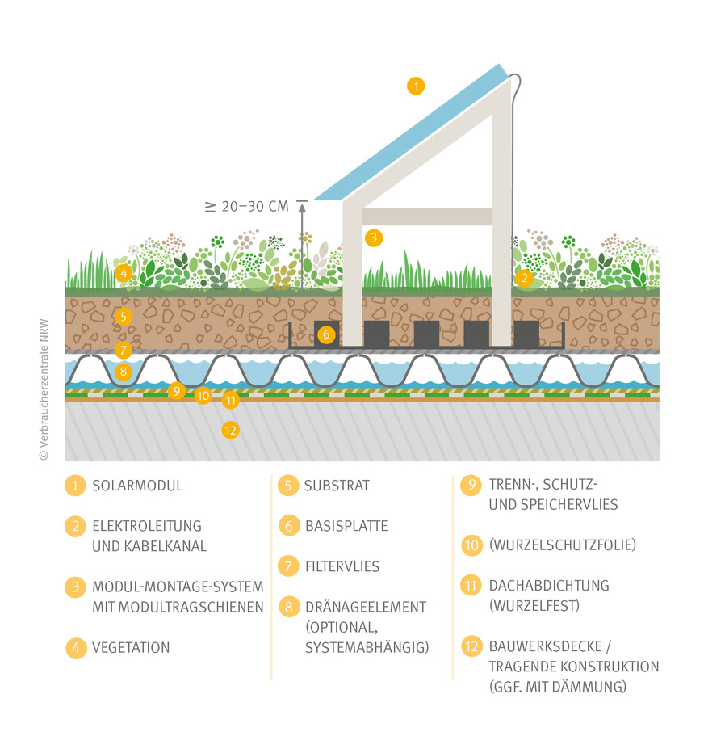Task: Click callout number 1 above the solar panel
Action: click(x=415, y=86)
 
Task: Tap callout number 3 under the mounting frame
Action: click(x=373, y=238)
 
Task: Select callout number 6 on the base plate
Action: click(x=325, y=334)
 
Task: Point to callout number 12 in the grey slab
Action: click(x=231, y=430)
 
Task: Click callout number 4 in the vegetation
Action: click(x=123, y=274)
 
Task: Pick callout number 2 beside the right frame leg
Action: click(x=525, y=279)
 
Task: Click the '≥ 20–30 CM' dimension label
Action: click(x=247, y=207)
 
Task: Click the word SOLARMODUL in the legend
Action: click(x=137, y=486)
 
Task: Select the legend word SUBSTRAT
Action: click(x=337, y=486)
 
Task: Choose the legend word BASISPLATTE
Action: click(x=346, y=526)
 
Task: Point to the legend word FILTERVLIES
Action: click(x=342, y=566)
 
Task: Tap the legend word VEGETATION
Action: click(x=131, y=647)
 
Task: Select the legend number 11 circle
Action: click(x=471, y=586)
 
